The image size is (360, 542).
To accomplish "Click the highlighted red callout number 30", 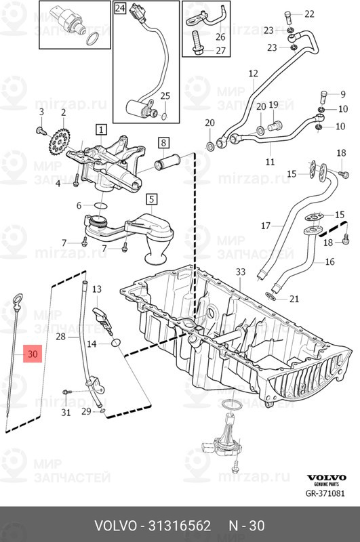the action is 33,354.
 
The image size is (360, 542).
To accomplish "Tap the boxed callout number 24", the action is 119,7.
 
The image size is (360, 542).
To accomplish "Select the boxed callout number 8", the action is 163,142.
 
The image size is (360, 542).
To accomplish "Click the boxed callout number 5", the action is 151,199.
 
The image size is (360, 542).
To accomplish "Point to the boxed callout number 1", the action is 101,129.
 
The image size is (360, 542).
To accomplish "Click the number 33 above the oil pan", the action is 241,272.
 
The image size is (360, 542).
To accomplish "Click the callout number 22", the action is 309,14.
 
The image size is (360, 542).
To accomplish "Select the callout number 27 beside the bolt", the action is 220,50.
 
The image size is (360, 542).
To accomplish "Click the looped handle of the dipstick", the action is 18,299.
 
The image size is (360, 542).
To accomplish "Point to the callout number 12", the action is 253,73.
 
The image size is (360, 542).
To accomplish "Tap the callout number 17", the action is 266,226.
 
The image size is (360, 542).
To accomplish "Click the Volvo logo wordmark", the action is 327,478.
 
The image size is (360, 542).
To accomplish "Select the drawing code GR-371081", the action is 325,493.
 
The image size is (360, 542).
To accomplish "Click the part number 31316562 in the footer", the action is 180,526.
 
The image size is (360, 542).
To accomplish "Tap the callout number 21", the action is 294,298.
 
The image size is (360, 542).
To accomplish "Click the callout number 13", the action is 97,289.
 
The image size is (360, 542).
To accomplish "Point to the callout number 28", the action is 60,336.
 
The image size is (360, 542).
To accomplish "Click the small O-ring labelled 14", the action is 116,343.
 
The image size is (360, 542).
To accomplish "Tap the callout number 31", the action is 66,412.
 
